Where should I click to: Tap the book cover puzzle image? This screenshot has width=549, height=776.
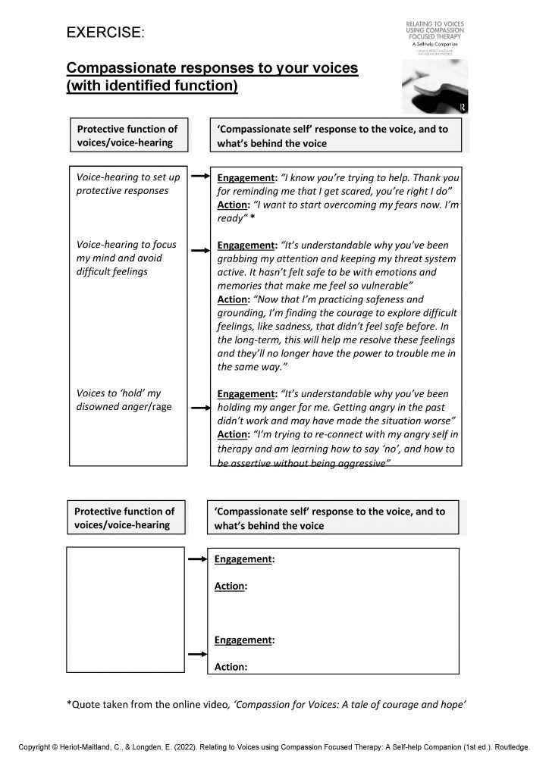pyautogui.click(x=435, y=86)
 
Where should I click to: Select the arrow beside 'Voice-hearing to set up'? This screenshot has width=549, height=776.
pyautogui.click(x=199, y=177)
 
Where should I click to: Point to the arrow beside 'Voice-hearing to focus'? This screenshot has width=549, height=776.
pyautogui.click(x=199, y=249)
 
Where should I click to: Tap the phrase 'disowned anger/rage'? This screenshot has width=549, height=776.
pyautogui.click(x=124, y=407)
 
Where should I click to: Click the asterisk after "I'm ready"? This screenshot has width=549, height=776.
pyautogui.click(x=252, y=218)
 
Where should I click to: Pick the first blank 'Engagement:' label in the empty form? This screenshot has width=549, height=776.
pyautogui.click(x=244, y=559)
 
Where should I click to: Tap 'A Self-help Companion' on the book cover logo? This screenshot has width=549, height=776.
pyautogui.click(x=434, y=45)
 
